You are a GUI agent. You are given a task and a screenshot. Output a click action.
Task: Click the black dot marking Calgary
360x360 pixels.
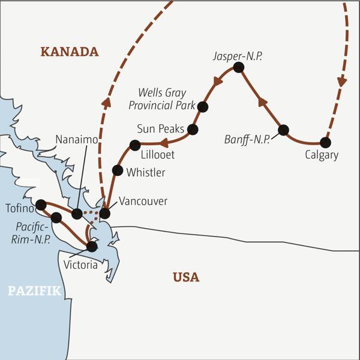pyautogui.click(x=325, y=143)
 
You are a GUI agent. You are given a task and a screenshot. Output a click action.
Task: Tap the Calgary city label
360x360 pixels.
pyautogui.click(x=322, y=155)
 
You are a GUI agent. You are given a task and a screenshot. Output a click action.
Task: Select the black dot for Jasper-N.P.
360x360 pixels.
pyautogui.click(x=238, y=68)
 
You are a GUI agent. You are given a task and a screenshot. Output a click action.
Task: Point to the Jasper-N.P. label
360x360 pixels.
pyautogui.click(x=238, y=55)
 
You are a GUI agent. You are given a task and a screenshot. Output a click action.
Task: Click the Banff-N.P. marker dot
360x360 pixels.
pyautogui.click(x=284, y=130)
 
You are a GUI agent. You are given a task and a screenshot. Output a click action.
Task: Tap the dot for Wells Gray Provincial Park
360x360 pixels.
pyautogui.click(x=203, y=107)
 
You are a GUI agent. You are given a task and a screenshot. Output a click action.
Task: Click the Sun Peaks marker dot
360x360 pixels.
pyautogui.click(x=193, y=129)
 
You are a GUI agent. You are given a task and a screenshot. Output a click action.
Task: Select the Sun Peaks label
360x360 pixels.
pyautogui.click(x=158, y=128)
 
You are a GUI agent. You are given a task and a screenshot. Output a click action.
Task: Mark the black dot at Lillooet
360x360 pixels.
pyautogui.click(x=135, y=145)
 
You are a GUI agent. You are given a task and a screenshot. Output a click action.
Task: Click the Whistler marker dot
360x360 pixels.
pyautogui.click(x=118, y=170)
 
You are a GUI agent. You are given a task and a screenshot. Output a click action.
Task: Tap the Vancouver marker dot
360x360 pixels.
pyautogui.click(x=105, y=213)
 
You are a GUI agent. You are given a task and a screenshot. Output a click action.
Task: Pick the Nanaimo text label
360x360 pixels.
pyautogui.click(x=75, y=139)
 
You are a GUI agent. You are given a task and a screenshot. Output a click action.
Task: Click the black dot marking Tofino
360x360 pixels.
pyautogui.click(x=41, y=205)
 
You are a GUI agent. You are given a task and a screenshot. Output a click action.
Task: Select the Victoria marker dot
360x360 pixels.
pyautogui.click(x=91, y=246)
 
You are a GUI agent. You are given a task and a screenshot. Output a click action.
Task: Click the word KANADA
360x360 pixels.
pyautogui.click(x=70, y=52)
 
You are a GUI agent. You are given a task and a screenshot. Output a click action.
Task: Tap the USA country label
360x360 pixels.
pyautogui.click(x=186, y=277)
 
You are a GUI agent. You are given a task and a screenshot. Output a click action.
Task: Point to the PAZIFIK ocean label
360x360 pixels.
pyautogui.click(x=34, y=292)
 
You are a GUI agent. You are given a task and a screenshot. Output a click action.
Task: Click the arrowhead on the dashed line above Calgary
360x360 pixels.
pyautogui.click(x=343, y=80)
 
